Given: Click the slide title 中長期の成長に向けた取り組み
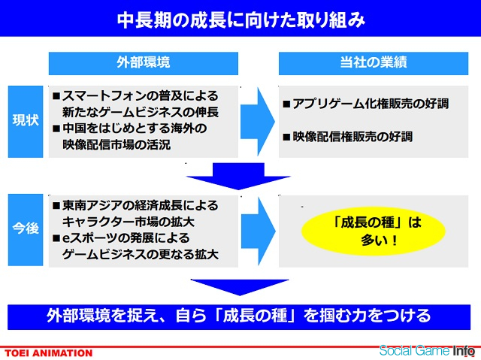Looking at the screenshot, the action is pos(240,20).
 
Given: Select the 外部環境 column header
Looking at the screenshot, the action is pos(144,63).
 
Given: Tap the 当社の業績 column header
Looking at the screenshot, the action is pos(374,63).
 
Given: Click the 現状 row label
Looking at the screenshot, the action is pos(26,122).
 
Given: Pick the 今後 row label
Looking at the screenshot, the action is pos(26,230).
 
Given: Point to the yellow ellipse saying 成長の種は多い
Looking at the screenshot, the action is pos(374,231).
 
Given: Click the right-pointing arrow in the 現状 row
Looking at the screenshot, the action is pos(257,122).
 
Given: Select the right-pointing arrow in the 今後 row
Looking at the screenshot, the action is pos(258,231).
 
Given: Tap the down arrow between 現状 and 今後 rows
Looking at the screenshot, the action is pos(238,176).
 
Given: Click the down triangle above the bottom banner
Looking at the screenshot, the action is pos(240,287).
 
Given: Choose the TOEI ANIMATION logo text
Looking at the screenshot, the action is pos(48,353).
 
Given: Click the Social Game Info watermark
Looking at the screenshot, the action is pos(427,350).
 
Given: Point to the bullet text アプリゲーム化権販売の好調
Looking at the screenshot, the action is pos(371,104).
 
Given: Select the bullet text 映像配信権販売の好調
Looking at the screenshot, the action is pos(352,137).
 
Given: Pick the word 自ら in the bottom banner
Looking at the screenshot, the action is pos(191,316).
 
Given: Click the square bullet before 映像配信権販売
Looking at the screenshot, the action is pos(286,137).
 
